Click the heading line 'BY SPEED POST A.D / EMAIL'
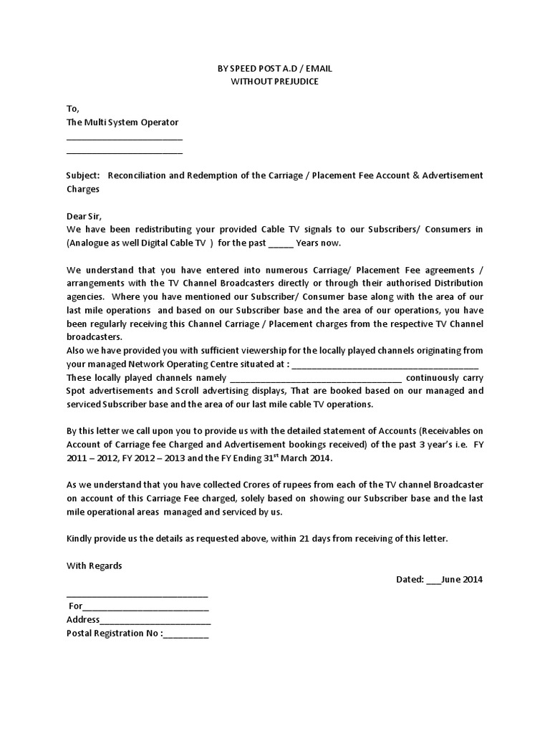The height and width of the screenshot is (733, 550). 274,68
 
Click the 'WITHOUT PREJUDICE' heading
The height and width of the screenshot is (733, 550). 274,81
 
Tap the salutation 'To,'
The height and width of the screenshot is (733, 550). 73,109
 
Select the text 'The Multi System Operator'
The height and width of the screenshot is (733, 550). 122,122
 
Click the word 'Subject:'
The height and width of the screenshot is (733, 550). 84,175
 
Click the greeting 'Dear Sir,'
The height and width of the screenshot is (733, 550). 85,215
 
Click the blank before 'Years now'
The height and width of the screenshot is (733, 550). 280,243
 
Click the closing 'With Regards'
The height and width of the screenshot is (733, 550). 95,565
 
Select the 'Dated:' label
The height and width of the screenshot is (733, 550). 410,579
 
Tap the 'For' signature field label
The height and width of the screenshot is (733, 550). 75,606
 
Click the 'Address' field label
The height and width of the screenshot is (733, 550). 83,619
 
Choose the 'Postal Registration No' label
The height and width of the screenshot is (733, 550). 112,633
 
